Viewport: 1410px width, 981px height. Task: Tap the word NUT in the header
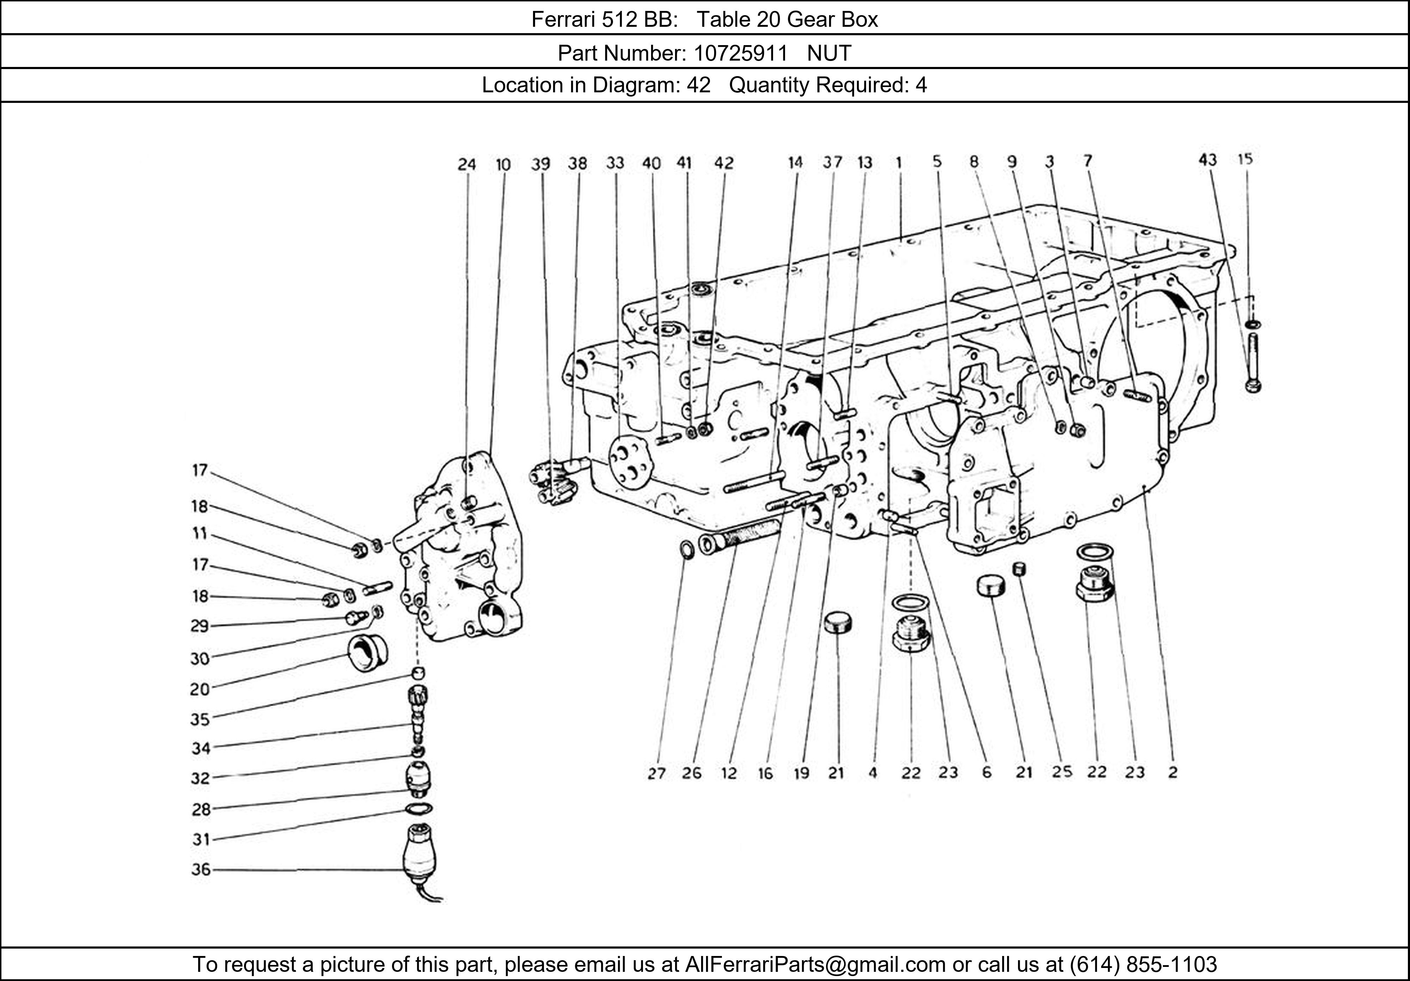(x=829, y=54)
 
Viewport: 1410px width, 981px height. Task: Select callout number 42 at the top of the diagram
(x=724, y=163)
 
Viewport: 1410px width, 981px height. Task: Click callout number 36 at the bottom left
(x=201, y=869)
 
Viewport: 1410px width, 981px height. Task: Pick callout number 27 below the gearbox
(x=656, y=773)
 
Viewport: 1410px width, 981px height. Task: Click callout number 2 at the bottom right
(x=1172, y=772)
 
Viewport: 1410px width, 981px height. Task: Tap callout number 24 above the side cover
(x=467, y=165)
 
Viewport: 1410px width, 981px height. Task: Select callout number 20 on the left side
(x=200, y=689)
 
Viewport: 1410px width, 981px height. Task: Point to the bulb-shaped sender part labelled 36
(x=419, y=854)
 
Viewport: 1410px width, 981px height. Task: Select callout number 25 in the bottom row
(x=1062, y=772)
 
